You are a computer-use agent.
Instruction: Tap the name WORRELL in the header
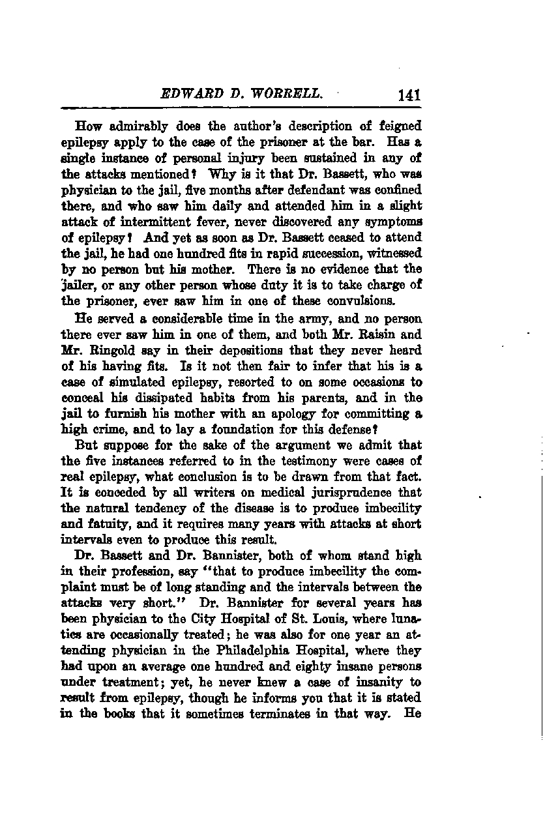coord(293,93)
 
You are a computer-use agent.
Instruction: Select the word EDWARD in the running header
coord(188,93)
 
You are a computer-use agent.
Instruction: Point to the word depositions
coord(229,351)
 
